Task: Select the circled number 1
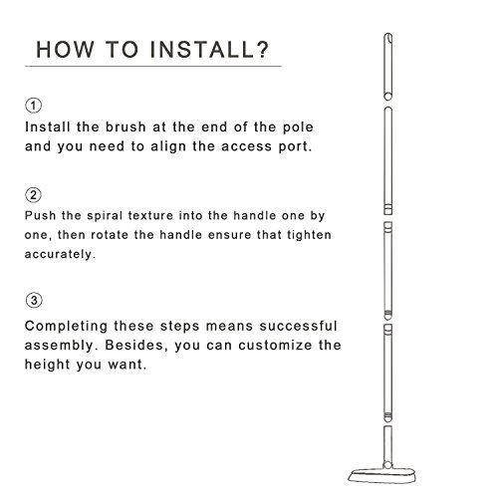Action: tap(33, 106)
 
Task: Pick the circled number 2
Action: tap(33, 195)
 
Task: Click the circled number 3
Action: tap(34, 301)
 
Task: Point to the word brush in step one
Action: tap(125, 126)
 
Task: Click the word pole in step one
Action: tap(298, 127)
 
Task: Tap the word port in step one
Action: tap(295, 146)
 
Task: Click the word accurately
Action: tap(60, 254)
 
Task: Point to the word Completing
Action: tap(66, 327)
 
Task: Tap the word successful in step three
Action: tap(299, 326)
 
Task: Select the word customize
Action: tap(275, 346)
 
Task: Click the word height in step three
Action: tap(48, 365)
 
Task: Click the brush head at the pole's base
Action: tap(382, 475)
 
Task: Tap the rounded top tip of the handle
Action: tap(387, 35)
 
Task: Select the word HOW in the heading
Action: tap(65, 50)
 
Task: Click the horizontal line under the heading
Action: tap(153, 67)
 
